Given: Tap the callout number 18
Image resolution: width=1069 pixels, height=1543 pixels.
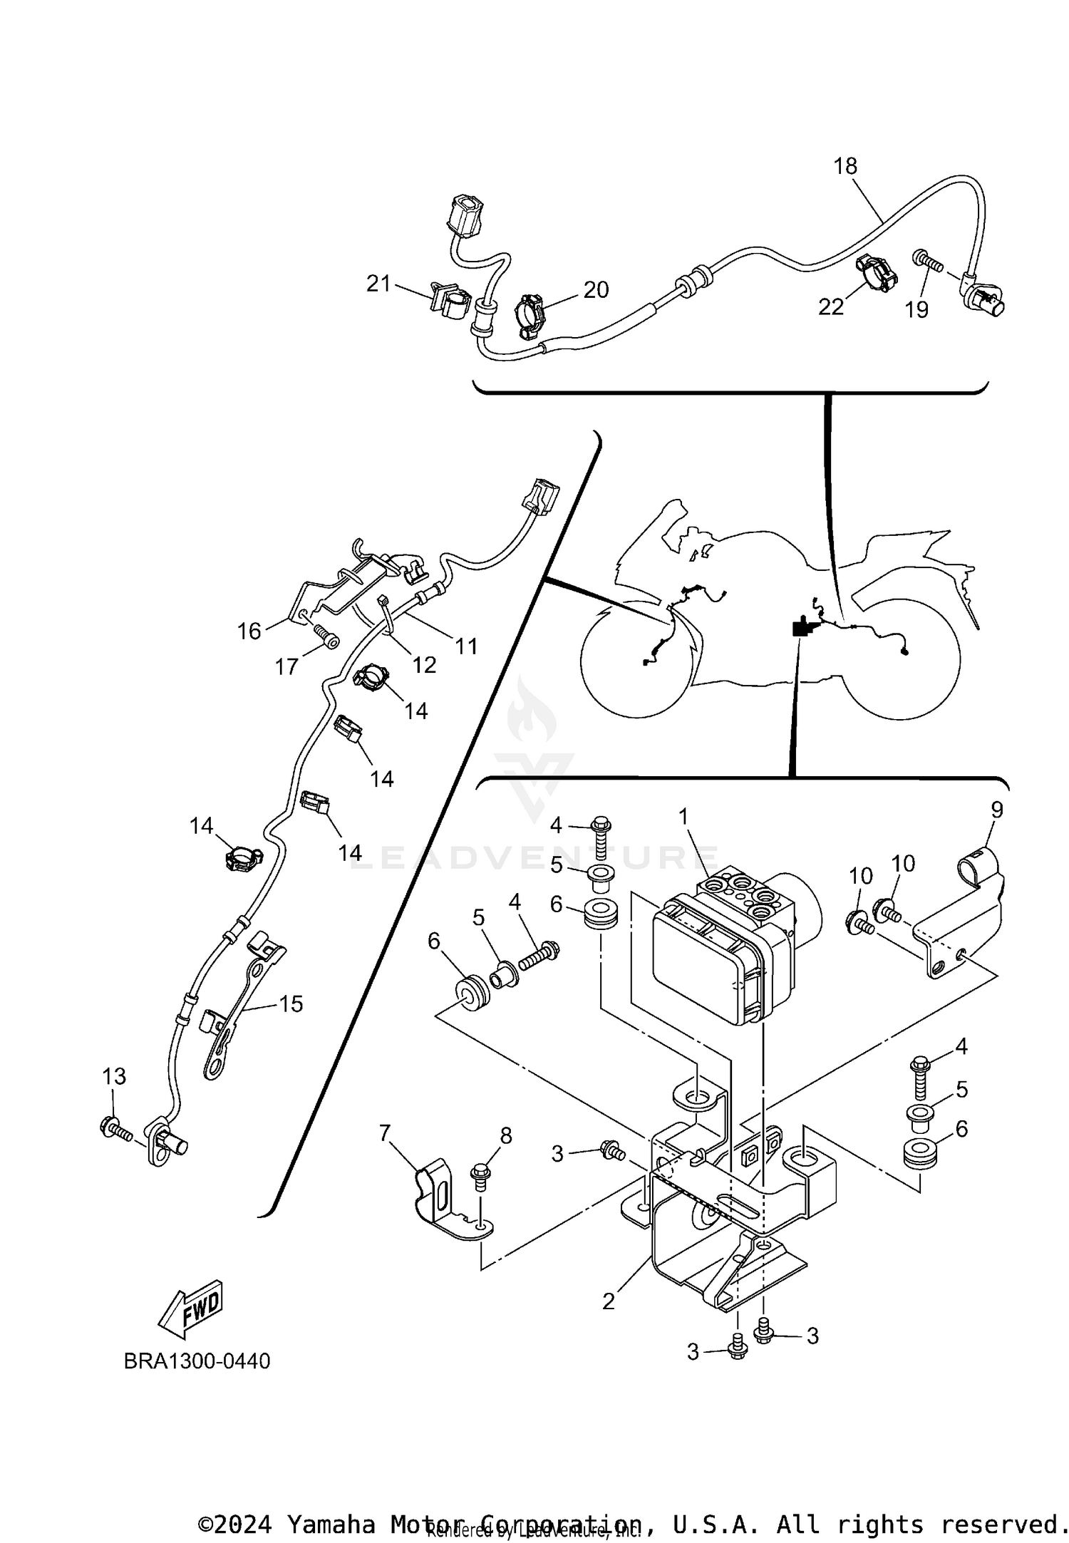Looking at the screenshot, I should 845,166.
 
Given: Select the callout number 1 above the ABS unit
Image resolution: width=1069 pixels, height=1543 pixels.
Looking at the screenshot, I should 684,817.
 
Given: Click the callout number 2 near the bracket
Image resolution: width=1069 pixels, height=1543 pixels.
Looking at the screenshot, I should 608,1301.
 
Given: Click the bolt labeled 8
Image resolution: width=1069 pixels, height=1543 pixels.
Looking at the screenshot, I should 480,1175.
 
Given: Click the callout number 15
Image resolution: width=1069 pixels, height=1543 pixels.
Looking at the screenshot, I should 291,1003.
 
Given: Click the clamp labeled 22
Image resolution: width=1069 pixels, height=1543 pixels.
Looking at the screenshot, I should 876,273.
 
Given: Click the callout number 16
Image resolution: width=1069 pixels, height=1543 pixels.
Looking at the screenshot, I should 249,631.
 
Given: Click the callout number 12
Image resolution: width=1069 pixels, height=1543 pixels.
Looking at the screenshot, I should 424,664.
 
